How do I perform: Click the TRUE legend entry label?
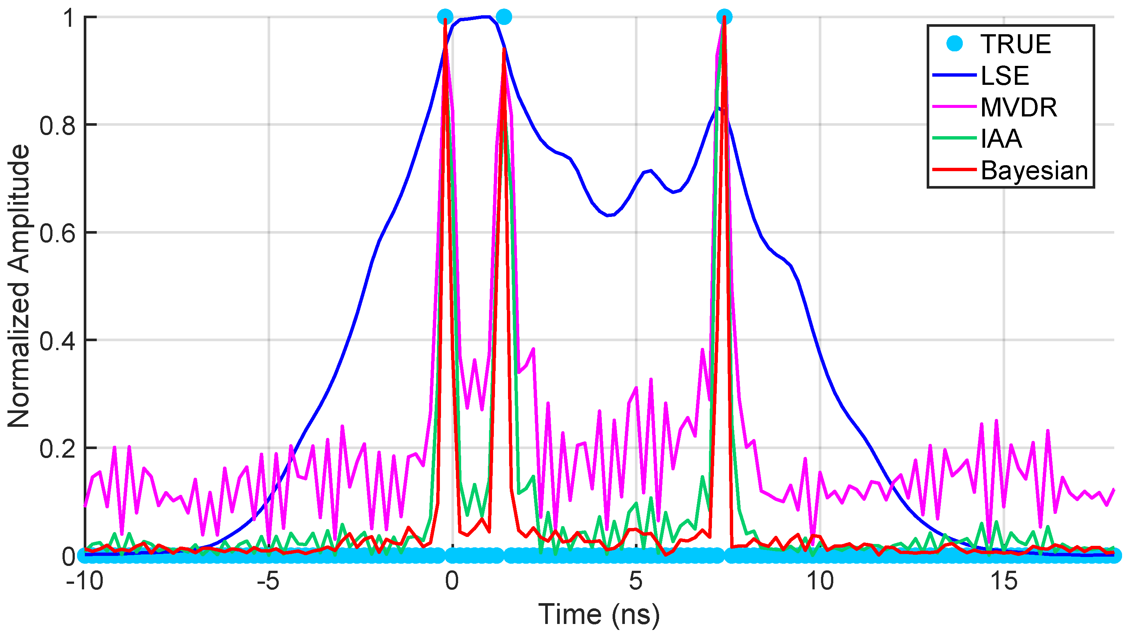click(x=1015, y=44)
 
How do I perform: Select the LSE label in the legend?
click(x=1004, y=76)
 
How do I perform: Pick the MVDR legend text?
click(x=1019, y=107)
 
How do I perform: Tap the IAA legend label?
click(x=1001, y=139)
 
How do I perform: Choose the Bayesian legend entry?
click(x=1034, y=170)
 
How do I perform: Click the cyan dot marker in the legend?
click(x=955, y=44)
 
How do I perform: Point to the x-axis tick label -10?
click(x=84, y=581)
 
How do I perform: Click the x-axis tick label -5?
click(x=268, y=581)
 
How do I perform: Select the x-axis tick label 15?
click(x=1004, y=581)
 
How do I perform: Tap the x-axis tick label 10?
click(x=820, y=581)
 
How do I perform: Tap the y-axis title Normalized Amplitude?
click(x=19, y=286)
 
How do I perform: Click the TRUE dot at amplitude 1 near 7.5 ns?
click(x=724, y=17)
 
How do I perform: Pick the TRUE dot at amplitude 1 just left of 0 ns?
click(x=445, y=17)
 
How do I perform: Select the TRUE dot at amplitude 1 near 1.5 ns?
click(x=504, y=17)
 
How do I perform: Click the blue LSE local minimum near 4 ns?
click(x=608, y=215)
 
